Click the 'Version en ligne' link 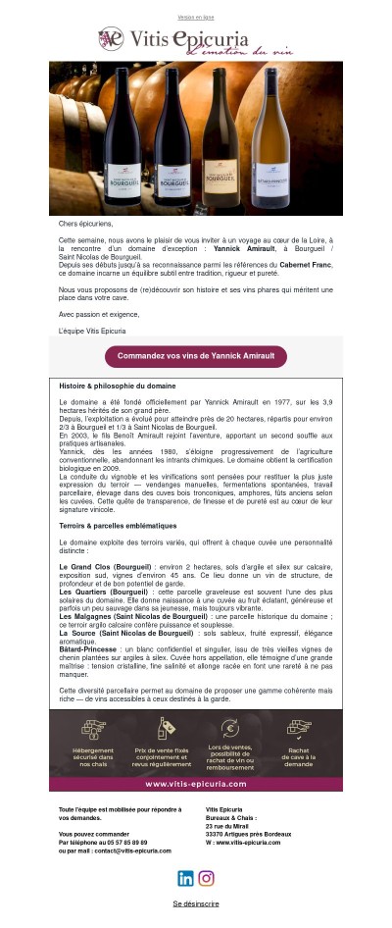tap(196, 18)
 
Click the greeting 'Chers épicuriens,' tap(86, 224)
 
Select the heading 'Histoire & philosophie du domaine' tap(118, 387)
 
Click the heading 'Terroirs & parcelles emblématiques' tap(120, 526)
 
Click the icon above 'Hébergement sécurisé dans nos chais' tap(93, 729)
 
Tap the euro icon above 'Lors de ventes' tap(230, 728)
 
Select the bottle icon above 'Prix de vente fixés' tap(162, 729)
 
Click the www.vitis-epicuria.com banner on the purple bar tap(196, 784)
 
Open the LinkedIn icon tap(185, 878)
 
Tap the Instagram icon tap(207, 878)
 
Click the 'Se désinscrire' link tap(196, 903)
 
